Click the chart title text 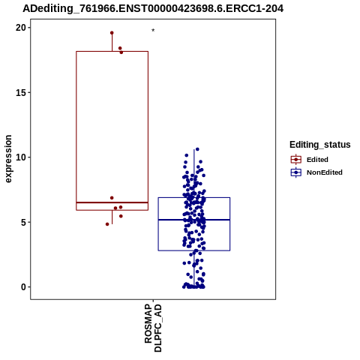(153, 9)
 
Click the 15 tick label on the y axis (21, 92)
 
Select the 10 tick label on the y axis (21, 157)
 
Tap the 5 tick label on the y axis (24, 222)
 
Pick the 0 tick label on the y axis (24, 287)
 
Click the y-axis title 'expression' (8, 159)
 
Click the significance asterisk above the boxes (153, 31)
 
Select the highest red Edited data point (112, 33)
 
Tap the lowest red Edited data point (107, 224)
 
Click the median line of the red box (112, 202)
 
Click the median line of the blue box (194, 220)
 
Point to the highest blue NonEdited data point (197, 149)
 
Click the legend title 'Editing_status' (320, 145)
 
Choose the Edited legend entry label (317, 160)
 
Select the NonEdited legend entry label (325, 172)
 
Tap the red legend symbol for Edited (296, 160)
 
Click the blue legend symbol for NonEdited (296, 172)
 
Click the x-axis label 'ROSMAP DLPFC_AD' (153, 328)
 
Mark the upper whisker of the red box (112, 42)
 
